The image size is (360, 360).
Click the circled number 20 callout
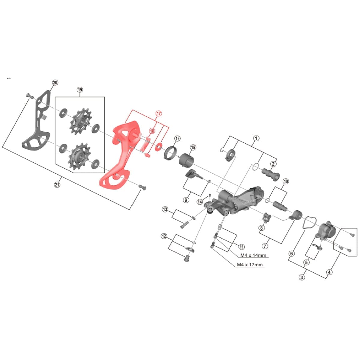click(x=55, y=82)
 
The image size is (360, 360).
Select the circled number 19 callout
click(x=80, y=90)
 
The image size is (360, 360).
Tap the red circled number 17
click(x=159, y=113)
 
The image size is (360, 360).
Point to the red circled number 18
click(x=152, y=131)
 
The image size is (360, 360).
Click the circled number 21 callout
click(x=57, y=185)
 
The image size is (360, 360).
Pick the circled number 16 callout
click(x=177, y=138)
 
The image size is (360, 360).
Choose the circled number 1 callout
click(x=256, y=138)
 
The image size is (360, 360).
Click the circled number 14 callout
click(x=200, y=202)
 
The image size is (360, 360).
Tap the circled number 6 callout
click(x=292, y=253)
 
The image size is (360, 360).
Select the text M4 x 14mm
click(x=253, y=255)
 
